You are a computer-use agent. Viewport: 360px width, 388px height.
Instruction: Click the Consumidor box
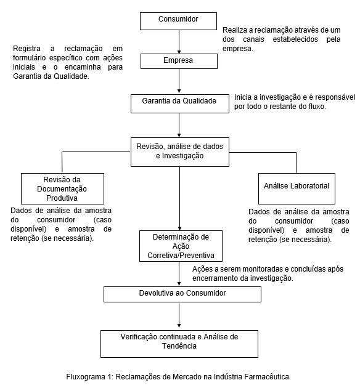[178, 22]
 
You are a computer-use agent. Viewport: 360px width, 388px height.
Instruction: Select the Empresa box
[179, 62]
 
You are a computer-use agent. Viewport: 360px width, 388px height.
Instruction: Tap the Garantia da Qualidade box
[180, 103]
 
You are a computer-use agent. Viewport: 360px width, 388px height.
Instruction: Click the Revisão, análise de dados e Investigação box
[180, 152]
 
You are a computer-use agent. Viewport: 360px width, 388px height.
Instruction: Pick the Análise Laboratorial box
[297, 188]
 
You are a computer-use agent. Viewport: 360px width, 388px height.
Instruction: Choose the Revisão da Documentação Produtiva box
[62, 188]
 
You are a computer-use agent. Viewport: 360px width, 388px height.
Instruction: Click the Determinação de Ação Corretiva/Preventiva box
[181, 246]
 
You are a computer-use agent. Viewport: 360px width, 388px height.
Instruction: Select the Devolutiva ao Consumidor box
[182, 294]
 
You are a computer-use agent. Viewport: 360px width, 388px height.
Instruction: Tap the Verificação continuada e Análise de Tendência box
[179, 344]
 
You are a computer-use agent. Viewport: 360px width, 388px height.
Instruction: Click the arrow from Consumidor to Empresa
[179, 42]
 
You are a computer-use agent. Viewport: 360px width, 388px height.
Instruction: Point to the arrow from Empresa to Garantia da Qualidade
[179, 81]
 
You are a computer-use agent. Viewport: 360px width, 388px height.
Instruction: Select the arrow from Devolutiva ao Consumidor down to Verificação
[179, 316]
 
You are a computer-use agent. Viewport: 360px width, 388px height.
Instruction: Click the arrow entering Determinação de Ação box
[180, 198]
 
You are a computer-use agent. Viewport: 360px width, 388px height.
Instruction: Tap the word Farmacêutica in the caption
[268, 377]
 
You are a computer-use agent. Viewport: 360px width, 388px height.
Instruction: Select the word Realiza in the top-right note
[234, 30]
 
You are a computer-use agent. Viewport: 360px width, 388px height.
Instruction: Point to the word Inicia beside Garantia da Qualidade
[242, 97]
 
